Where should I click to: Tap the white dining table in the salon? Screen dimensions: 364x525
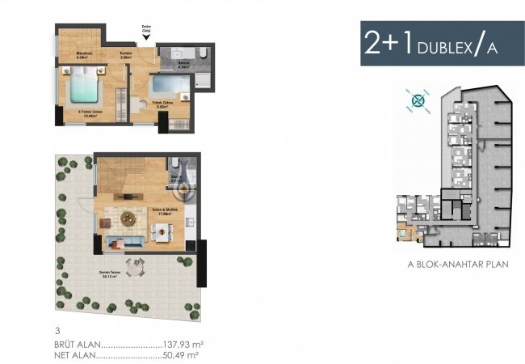(161, 230)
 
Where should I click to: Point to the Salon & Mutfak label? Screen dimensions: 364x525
(165, 210)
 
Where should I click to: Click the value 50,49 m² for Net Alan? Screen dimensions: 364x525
(182, 354)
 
